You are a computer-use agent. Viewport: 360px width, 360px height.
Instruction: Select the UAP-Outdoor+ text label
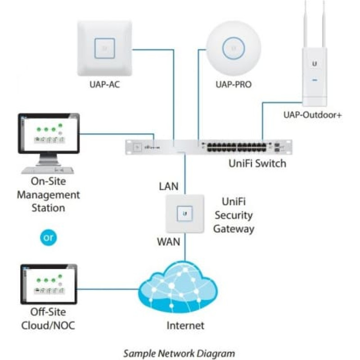[312, 116]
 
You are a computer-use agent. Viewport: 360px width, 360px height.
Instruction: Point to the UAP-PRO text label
[233, 84]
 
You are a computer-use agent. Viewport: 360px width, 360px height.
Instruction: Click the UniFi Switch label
[257, 163]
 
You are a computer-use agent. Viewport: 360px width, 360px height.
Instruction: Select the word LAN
[169, 185]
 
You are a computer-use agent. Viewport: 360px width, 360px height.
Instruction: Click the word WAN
[168, 242]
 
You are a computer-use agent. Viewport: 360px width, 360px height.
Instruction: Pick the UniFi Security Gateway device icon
[184, 214]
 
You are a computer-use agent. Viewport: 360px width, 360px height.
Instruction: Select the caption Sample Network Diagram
[179, 353]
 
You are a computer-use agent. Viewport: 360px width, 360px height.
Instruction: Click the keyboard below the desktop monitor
[49, 170]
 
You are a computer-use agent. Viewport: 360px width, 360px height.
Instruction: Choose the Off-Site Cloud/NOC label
[48, 318]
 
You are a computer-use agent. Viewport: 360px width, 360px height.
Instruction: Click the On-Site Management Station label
[49, 195]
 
